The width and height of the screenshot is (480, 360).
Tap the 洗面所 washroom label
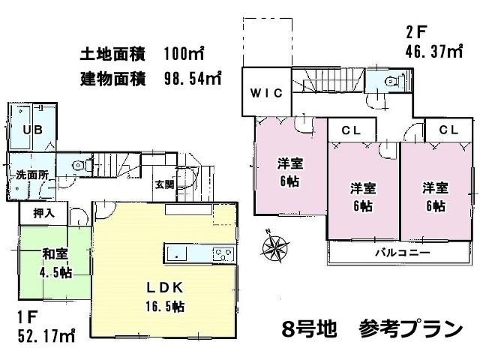[32, 175]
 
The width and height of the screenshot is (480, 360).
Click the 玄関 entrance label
[165, 184]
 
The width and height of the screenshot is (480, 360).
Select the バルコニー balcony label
[402, 253]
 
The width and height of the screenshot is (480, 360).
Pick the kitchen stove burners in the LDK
[223, 252]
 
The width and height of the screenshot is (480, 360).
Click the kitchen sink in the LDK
[176, 253]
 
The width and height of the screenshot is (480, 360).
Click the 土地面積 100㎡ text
[142, 54]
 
